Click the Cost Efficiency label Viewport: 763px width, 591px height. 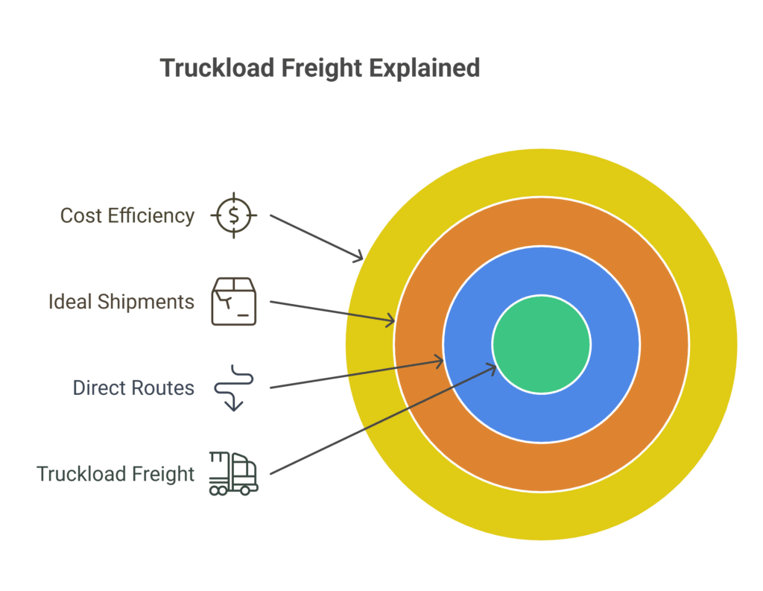pos(127,215)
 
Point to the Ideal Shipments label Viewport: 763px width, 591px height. pos(121,302)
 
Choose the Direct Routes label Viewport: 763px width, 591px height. pos(133,388)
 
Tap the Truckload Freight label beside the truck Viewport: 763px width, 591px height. pos(115,474)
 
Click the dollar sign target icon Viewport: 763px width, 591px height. pos(234,215)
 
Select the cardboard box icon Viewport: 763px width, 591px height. pos(234,301)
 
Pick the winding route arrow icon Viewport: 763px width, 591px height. pos(233,388)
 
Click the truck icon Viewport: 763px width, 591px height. pos(234,473)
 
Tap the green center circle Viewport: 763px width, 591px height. pos(542,344)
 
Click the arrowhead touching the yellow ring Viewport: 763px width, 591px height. pos(358,258)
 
